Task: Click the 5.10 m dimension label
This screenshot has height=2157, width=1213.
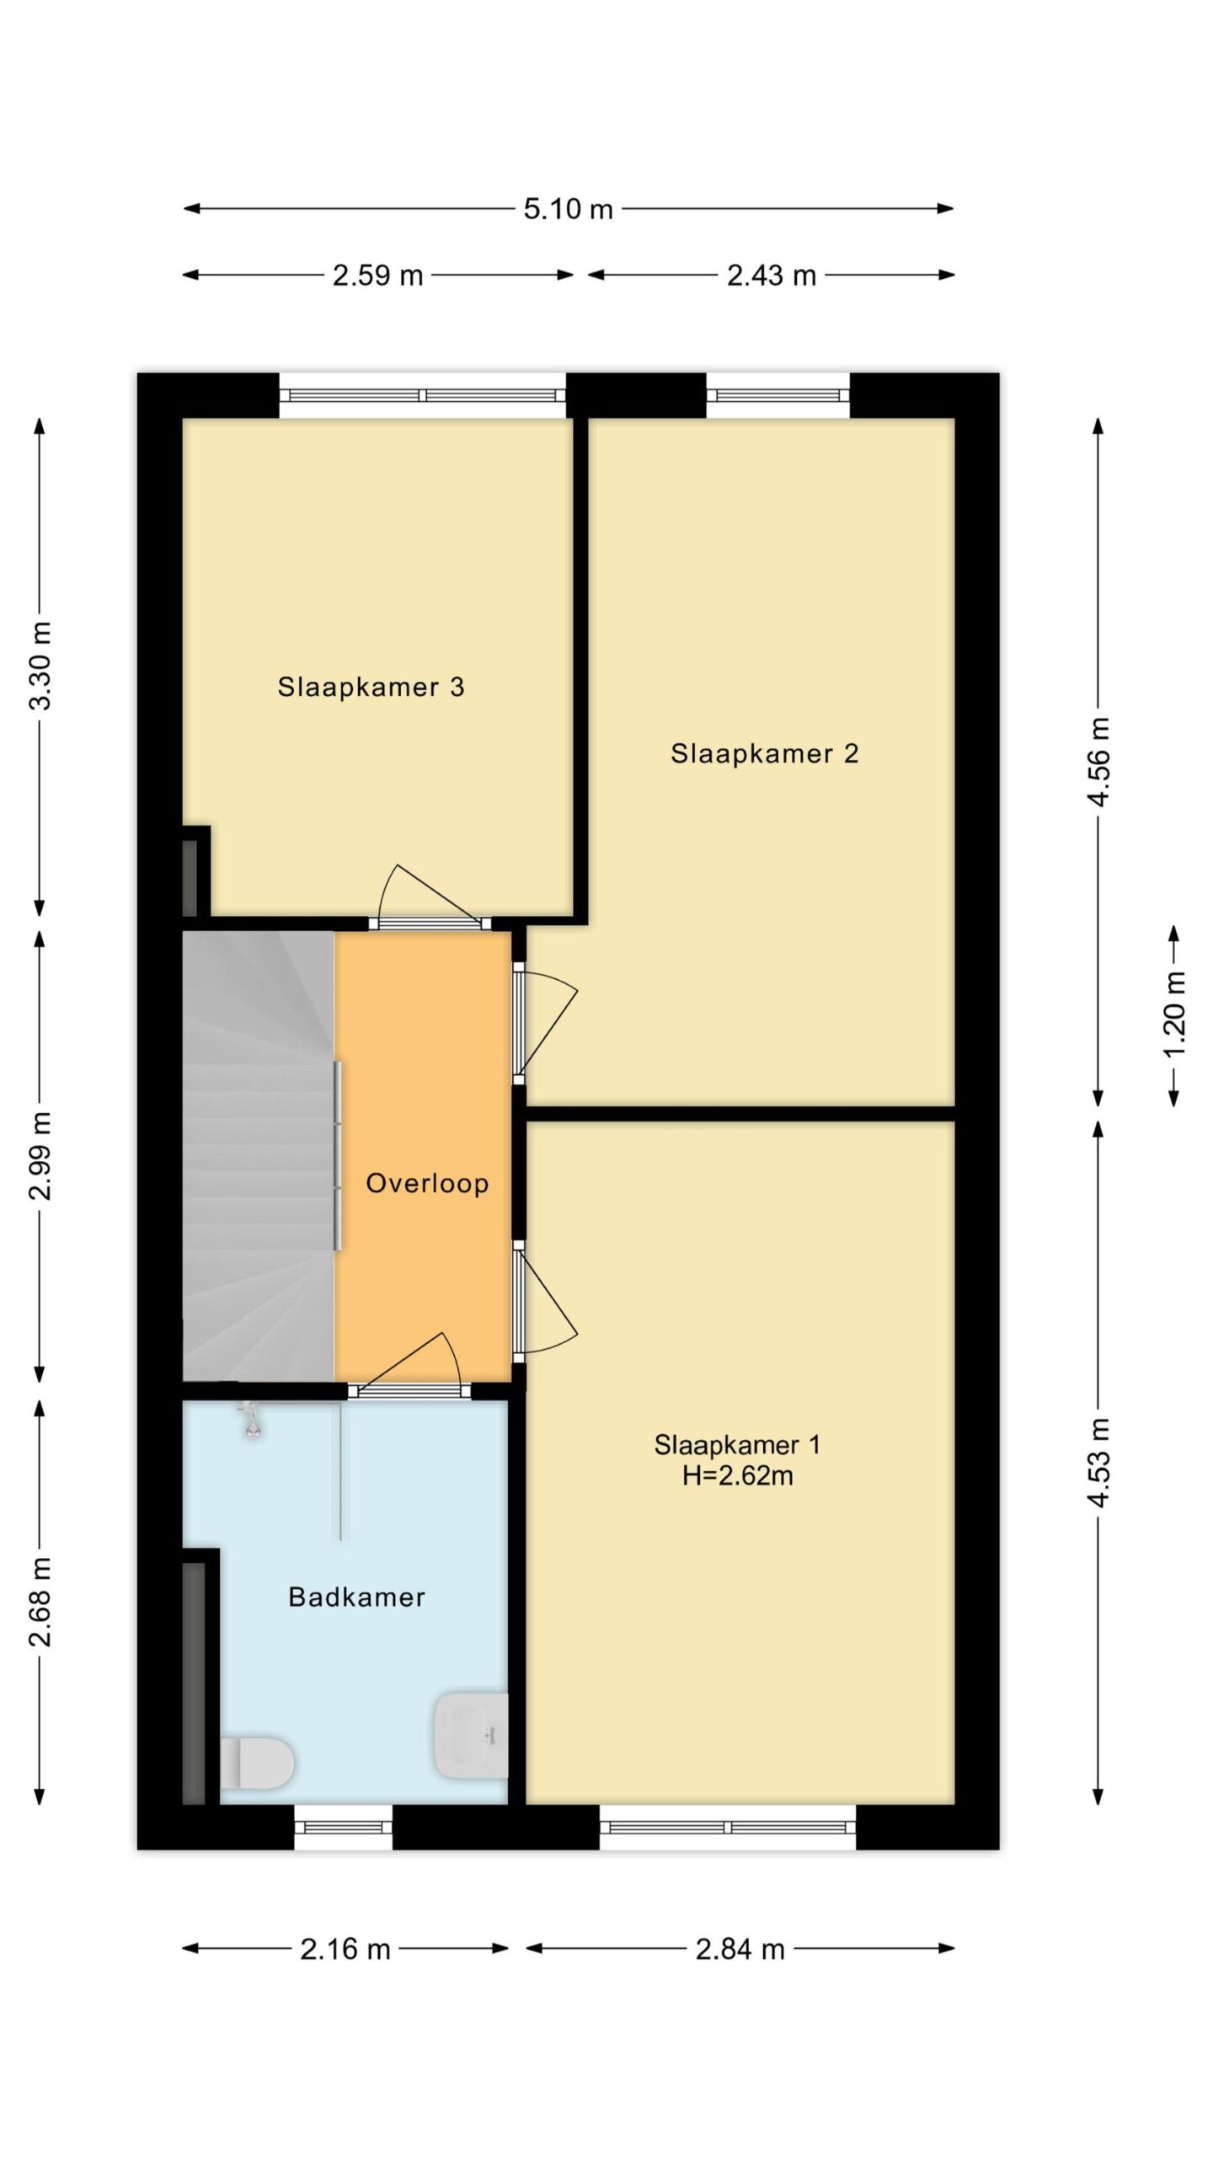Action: pyautogui.click(x=568, y=209)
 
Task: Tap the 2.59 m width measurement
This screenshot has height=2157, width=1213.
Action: pyautogui.click(x=377, y=276)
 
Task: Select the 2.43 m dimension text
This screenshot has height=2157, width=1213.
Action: pyautogui.click(x=772, y=276)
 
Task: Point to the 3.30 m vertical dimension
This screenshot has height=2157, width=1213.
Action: pyautogui.click(x=40, y=666)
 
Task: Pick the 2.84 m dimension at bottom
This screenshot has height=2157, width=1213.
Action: pyautogui.click(x=740, y=1949)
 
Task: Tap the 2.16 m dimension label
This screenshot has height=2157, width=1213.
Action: pyautogui.click(x=345, y=1949)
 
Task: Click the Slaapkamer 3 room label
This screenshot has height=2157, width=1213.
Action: pyautogui.click(x=371, y=687)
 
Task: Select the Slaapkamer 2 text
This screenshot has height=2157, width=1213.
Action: pyautogui.click(x=764, y=753)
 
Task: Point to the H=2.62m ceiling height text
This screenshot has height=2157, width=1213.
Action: pyautogui.click(x=737, y=1475)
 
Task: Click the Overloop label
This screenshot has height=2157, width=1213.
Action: pyautogui.click(x=427, y=1183)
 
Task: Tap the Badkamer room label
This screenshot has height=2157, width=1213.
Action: pyautogui.click(x=356, y=1597)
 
